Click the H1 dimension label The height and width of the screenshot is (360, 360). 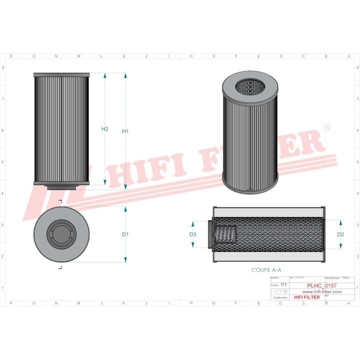[x=125, y=131]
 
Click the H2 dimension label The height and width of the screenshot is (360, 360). [x=105, y=129]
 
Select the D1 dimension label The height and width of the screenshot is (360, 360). [x=125, y=234]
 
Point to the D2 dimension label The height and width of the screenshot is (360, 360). [x=340, y=234]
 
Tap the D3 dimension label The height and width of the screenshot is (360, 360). [x=192, y=234]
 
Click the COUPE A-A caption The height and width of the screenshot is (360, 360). [x=266, y=269]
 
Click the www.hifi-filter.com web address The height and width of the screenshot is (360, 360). [x=322, y=291]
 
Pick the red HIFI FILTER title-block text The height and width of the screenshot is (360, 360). [x=306, y=297]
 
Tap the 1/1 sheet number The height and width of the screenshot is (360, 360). [x=284, y=284]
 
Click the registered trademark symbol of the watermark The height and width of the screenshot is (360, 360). [x=327, y=128]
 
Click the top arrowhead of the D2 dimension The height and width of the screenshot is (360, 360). [x=341, y=222]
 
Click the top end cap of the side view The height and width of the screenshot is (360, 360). [x=62, y=75]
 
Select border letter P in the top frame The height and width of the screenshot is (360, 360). [x=11, y=56]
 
